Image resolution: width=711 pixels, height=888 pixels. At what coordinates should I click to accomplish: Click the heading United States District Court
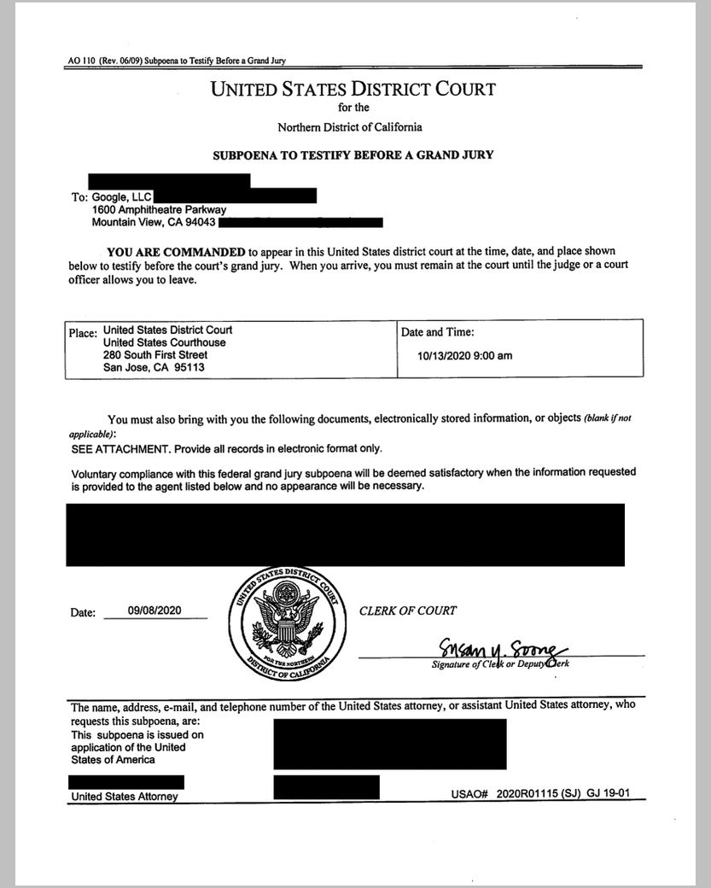click(353, 89)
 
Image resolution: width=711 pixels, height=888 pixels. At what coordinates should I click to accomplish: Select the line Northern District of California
click(349, 127)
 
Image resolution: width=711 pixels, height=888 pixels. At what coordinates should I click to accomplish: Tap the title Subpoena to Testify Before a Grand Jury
click(353, 155)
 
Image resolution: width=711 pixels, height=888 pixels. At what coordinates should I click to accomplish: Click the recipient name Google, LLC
click(122, 197)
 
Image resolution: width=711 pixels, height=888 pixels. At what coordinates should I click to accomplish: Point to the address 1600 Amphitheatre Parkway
click(159, 210)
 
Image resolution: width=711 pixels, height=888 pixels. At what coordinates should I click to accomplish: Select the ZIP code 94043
click(200, 223)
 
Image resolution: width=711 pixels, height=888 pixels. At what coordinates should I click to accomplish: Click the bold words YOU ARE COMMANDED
click(176, 252)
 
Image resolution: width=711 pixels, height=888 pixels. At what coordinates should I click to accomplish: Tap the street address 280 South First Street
click(155, 355)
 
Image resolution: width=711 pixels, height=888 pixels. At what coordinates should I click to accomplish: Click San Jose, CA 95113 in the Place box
click(154, 368)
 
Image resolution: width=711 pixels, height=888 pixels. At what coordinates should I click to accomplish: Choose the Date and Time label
click(437, 332)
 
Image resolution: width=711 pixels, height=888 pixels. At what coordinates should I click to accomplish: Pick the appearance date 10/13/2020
click(446, 356)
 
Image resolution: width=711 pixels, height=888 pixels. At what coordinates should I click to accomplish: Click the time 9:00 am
click(494, 356)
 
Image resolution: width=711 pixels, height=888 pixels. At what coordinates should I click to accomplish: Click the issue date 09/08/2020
click(154, 610)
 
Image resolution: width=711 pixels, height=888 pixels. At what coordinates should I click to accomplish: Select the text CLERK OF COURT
click(407, 610)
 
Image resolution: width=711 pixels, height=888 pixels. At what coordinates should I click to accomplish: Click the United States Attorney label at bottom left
click(125, 797)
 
